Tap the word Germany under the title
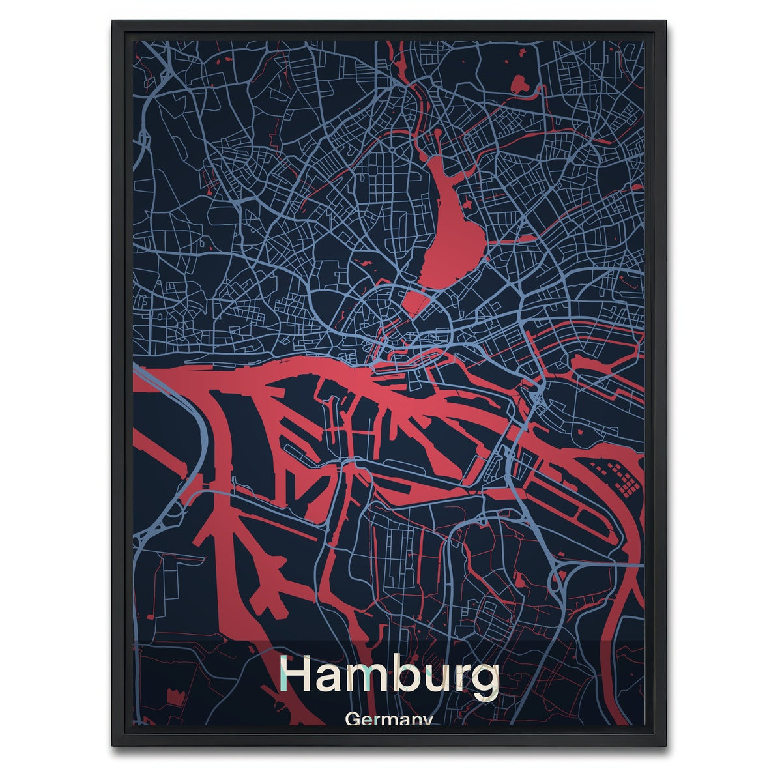click(390, 721)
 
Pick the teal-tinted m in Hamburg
click(370, 679)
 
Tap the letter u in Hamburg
click(433, 680)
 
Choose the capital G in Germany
click(355, 720)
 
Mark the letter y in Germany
click(426, 722)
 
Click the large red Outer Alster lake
click(450, 228)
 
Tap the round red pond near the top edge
click(519, 83)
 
